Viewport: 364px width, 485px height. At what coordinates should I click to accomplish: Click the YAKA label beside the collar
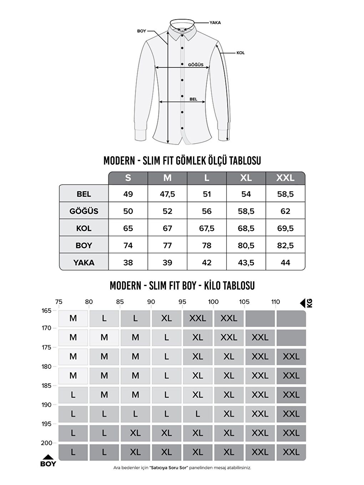click(x=215, y=22)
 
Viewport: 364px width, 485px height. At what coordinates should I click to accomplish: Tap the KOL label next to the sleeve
click(x=241, y=53)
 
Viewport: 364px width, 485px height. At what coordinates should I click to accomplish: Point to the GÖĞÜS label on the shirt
click(x=196, y=65)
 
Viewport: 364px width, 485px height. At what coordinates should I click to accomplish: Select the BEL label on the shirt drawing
click(x=193, y=99)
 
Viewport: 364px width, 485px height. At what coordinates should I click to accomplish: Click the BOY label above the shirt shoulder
click(x=142, y=31)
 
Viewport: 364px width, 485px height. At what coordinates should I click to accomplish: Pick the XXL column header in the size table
click(x=285, y=178)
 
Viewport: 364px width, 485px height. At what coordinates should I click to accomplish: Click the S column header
click(x=128, y=178)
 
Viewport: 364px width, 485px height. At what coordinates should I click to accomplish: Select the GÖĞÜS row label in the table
click(x=84, y=211)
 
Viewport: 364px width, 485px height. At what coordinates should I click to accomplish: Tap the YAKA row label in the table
click(x=84, y=263)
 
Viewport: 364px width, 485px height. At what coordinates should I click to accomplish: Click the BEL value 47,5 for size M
click(x=167, y=194)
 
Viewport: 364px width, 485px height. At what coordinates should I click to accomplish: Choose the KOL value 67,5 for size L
click(x=207, y=228)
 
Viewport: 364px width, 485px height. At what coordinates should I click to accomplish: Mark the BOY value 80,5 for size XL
click(x=246, y=245)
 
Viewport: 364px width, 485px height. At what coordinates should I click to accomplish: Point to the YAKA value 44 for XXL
click(x=285, y=263)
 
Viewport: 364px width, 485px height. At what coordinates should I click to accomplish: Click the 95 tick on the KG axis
click(x=182, y=302)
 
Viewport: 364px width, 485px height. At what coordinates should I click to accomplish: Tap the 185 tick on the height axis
click(x=46, y=386)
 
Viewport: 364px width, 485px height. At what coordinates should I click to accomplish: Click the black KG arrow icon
click(x=303, y=303)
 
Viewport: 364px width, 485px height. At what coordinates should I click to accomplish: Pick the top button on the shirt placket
click(x=182, y=48)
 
